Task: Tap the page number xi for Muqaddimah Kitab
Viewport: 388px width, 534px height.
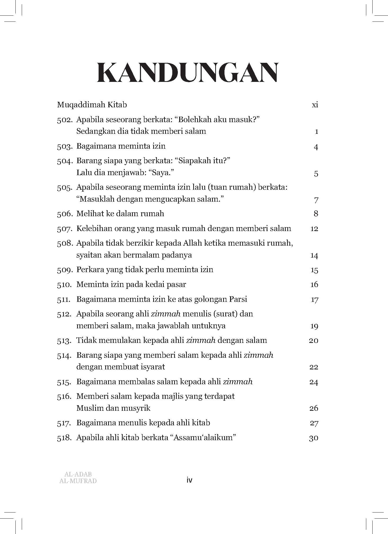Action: coord(315,105)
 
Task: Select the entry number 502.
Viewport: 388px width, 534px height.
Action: coord(65,120)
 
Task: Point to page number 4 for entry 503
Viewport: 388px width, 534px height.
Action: coord(316,147)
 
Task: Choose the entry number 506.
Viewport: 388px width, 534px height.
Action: coord(65,214)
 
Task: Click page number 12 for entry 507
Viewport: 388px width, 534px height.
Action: coord(314,228)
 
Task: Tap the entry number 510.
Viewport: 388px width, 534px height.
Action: coord(64,285)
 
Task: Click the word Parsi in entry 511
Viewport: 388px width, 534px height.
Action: coord(237,299)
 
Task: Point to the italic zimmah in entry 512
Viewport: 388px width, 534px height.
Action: coord(166,314)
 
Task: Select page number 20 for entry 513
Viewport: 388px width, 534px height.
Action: coord(314,341)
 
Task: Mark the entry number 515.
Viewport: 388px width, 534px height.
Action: coord(64,382)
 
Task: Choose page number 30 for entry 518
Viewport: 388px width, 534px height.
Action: coord(314,438)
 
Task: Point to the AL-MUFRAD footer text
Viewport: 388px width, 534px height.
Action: coord(78,481)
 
